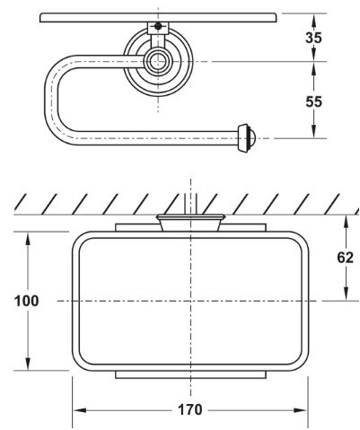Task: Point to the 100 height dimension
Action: click(x=27, y=301)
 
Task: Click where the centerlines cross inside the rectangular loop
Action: click(x=188, y=300)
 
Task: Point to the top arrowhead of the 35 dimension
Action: click(x=314, y=15)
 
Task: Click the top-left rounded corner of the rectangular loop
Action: click(x=83, y=240)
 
